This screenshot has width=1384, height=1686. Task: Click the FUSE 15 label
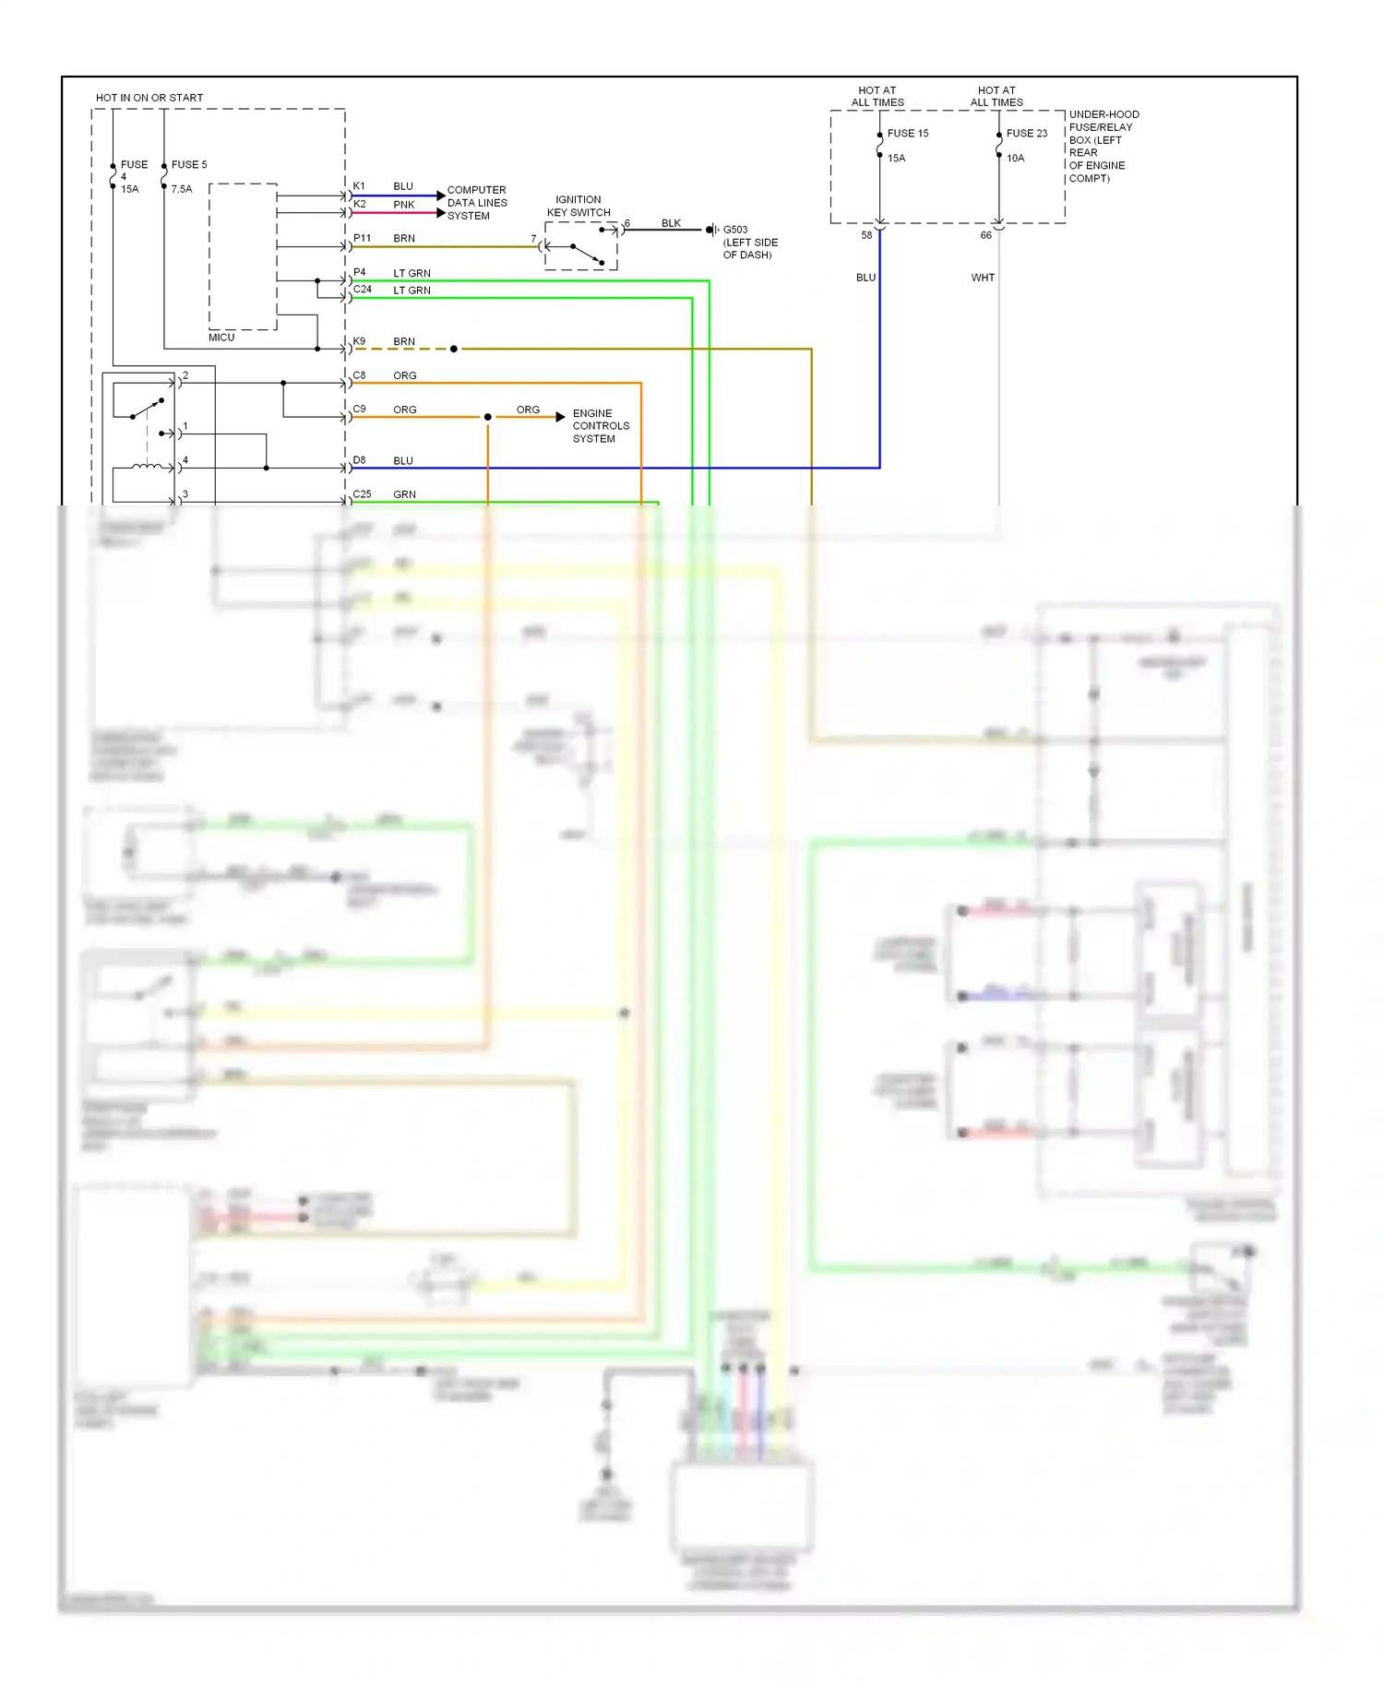(907, 134)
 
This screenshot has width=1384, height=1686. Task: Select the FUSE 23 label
(1026, 134)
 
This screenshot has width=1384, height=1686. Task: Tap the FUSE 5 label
(189, 165)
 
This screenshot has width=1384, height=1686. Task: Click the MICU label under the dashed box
(221, 338)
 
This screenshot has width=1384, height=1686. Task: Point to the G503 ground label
(735, 230)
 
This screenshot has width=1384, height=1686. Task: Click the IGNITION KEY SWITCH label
(579, 206)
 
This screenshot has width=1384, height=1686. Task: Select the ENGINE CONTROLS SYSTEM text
(601, 426)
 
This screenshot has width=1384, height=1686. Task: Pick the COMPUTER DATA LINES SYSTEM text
(477, 203)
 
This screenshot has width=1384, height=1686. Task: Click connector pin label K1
(359, 186)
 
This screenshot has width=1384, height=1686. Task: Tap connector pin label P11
(362, 238)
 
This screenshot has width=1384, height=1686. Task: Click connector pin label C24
(362, 290)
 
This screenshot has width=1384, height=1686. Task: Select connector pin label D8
(359, 460)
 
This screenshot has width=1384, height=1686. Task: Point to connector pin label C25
(362, 494)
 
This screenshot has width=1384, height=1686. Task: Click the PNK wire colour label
(404, 205)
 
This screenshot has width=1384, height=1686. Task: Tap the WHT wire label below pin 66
(983, 278)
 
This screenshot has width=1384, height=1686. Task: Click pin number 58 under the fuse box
(866, 235)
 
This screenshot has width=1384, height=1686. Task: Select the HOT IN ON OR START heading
(149, 98)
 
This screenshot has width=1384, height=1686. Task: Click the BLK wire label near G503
(671, 223)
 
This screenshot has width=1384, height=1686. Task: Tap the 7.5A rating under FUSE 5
(182, 189)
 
